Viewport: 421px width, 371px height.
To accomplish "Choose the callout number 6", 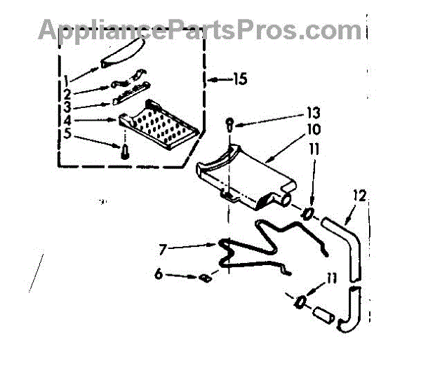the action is (160, 276).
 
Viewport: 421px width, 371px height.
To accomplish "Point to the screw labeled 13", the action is (230, 125).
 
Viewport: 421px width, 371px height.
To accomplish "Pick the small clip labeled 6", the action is (206, 278).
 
